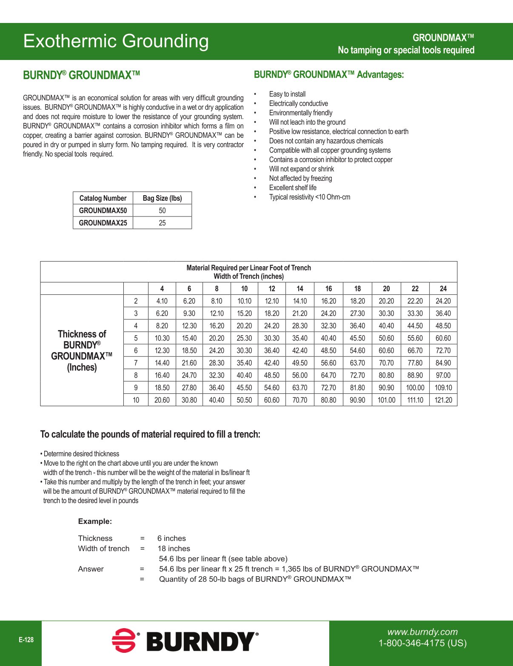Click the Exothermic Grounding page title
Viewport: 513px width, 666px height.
(x=116, y=41)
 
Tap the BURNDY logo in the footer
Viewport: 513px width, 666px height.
(x=185, y=640)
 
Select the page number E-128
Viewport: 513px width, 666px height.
(x=26, y=640)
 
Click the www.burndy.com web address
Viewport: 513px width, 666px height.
(x=422, y=632)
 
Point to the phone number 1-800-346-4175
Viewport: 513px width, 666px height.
(x=422, y=643)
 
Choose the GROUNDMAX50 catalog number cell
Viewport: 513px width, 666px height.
(x=103, y=211)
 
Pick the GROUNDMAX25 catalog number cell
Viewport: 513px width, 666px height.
(x=103, y=223)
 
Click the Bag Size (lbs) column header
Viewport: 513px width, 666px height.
(x=162, y=198)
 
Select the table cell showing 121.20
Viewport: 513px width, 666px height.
(x=443, y=400)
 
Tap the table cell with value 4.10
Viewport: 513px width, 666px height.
(x=162, y=301)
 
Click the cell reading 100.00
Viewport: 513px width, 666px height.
(x=415, y=388)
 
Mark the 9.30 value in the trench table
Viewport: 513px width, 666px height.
(x=189, y=313)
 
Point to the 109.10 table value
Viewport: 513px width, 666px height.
(x=443, y=388)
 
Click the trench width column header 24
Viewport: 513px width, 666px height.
(x=443, y=289)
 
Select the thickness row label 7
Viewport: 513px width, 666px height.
(x=136, y=363)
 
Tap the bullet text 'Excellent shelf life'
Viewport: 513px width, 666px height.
(x=293, y=188)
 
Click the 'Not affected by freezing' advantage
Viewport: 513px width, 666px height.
(x=300, y=178)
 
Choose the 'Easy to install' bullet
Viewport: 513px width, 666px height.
(x=287, y=94)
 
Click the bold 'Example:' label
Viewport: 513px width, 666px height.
(x=95, y=521)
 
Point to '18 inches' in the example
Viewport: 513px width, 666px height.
(x=174, y=549)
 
